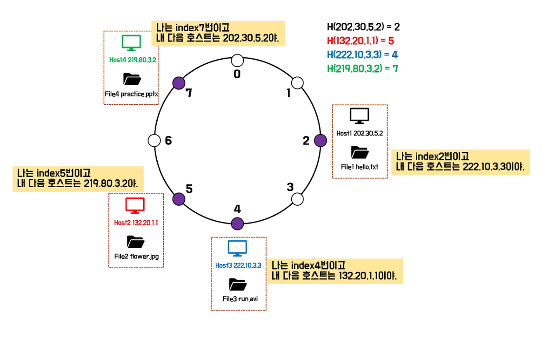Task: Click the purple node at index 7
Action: (178, 82)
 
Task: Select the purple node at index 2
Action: (321, 140)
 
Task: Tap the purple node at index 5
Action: (178, 199)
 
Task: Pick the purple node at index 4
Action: (237, 223)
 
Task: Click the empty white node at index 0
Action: (237, 60)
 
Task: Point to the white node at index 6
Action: (154, 140)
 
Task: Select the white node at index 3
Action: (297, 199)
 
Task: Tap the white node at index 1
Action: (297, 82)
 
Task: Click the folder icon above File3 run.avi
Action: (237, 284)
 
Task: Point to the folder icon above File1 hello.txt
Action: (359, 152)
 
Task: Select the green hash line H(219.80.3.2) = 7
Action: (362, 68)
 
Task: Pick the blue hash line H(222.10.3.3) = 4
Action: (362, 55)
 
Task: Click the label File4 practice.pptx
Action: (131, 94)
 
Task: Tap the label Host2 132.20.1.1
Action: (136, 223)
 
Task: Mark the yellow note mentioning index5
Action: (79, 178)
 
